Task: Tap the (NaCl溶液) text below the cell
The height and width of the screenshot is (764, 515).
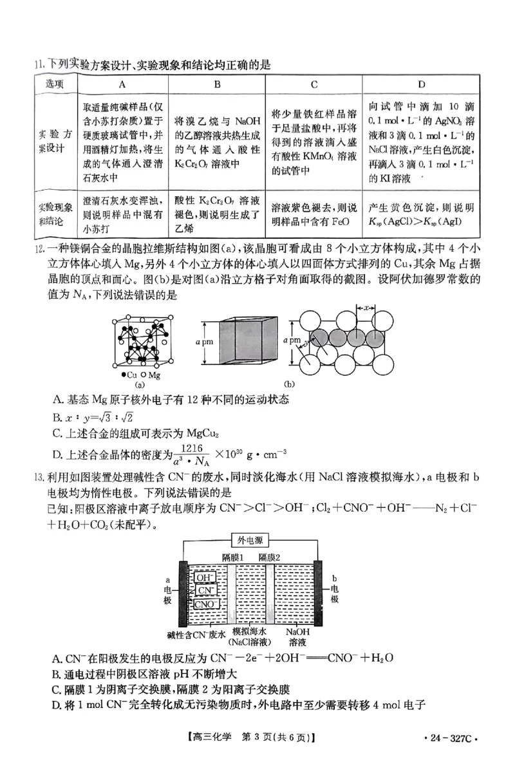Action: click(249, 642)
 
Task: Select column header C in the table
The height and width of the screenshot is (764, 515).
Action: click(314, 84)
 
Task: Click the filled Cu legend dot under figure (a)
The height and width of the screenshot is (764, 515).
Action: click(123, 374)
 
